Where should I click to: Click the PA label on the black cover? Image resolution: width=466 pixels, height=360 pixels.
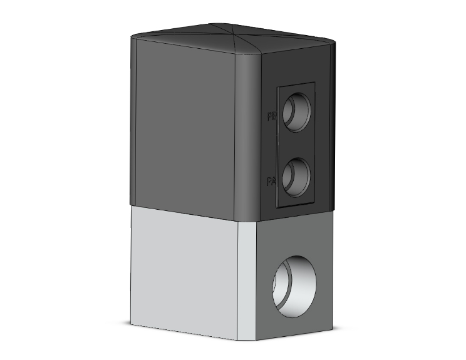click(x=271, y=182)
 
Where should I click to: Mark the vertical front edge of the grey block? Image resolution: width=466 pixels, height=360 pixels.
click(x=239, y=282)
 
